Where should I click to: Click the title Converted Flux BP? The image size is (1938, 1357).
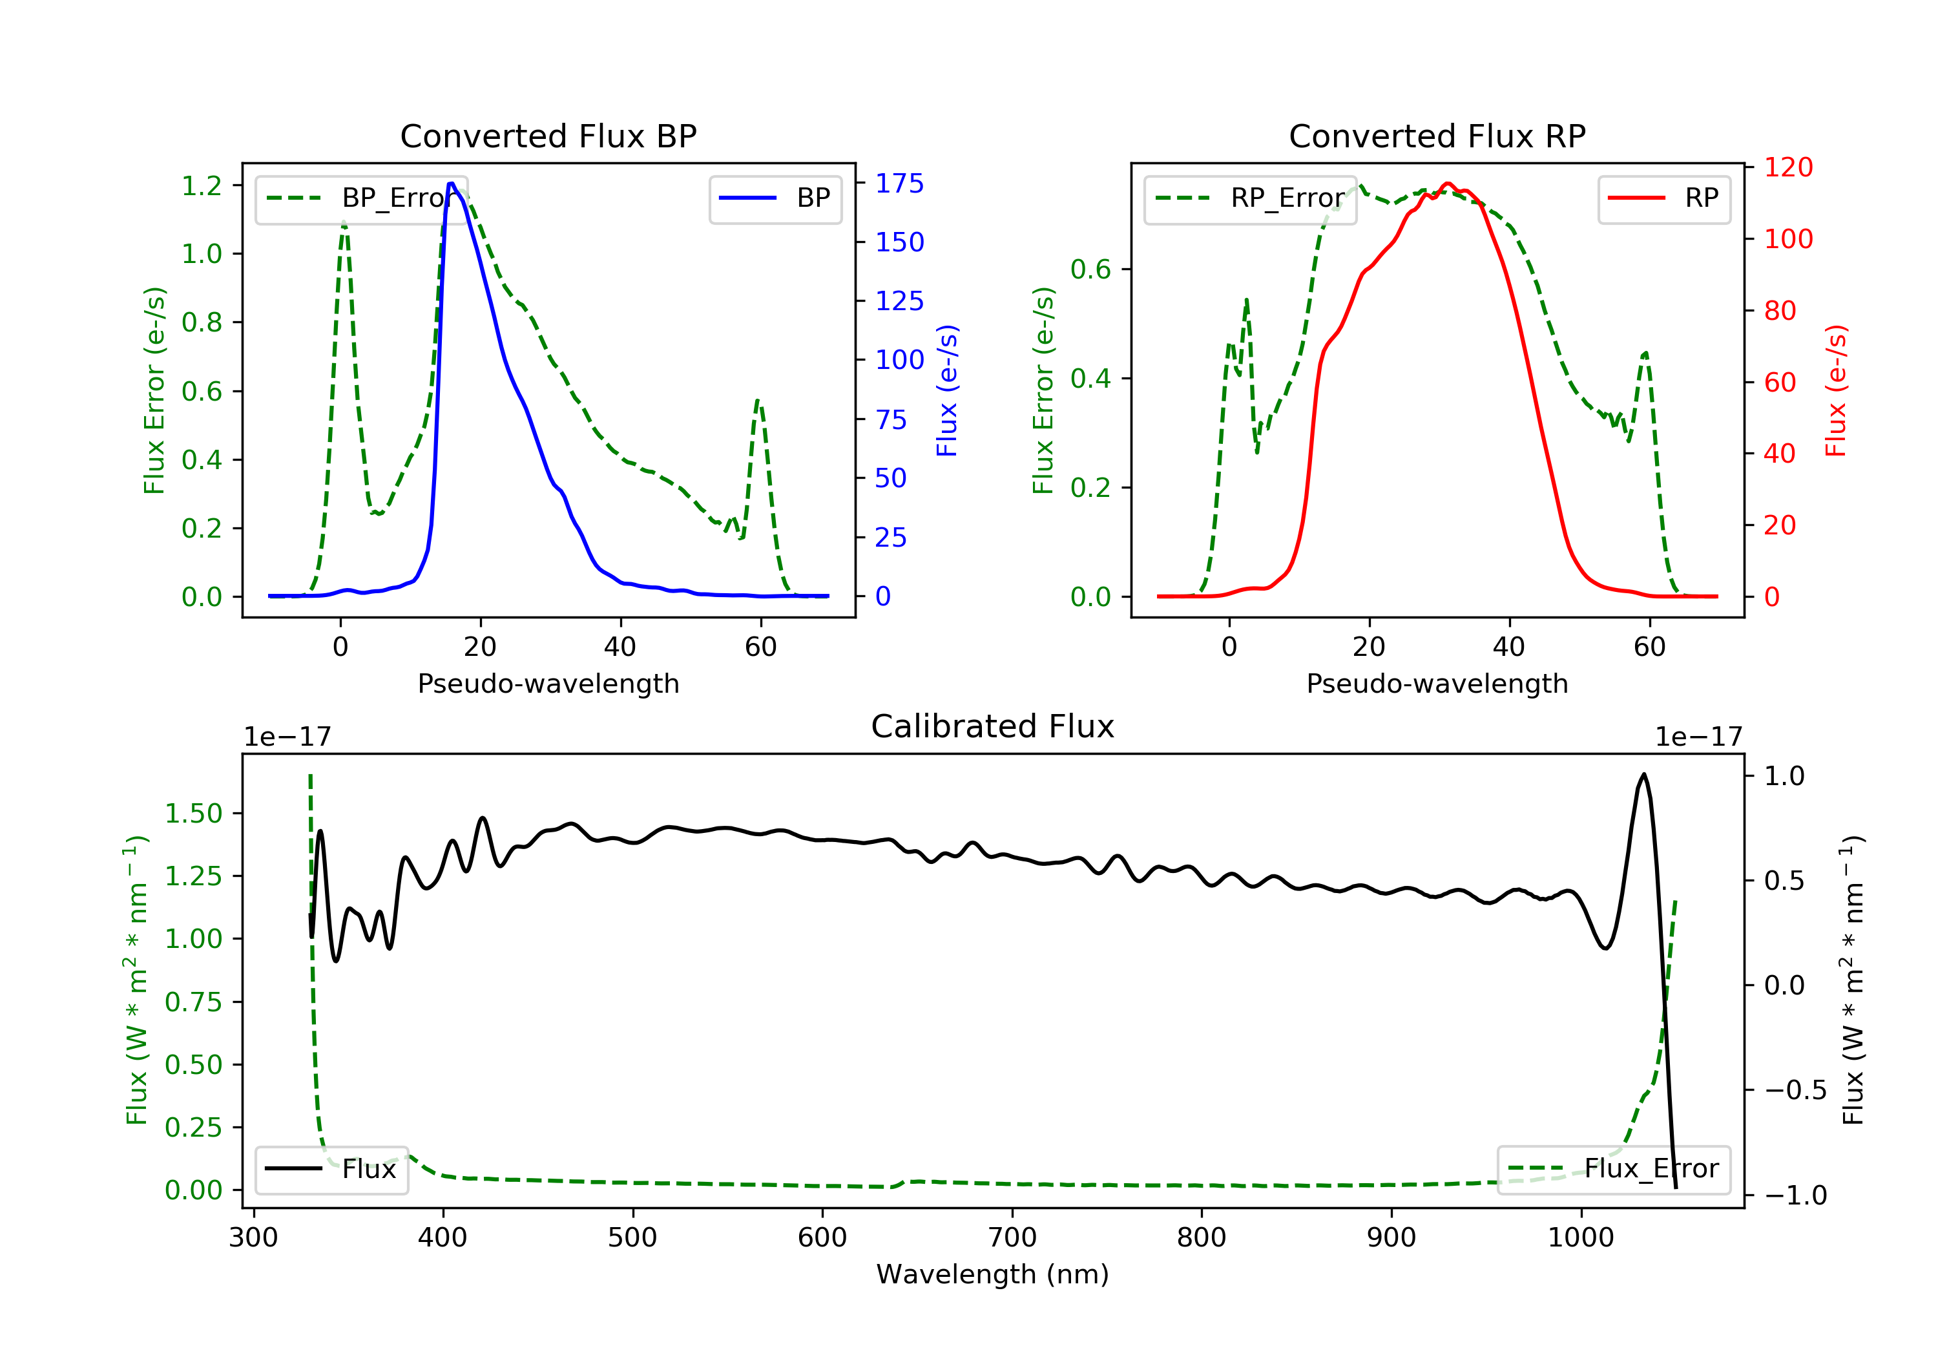(548, 136)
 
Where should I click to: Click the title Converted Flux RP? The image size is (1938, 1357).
(1437, 136)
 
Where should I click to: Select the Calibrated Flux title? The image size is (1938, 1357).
(993, 726)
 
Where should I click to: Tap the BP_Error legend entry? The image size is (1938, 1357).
(361, 198)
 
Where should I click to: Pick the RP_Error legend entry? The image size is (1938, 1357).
(1250, 198)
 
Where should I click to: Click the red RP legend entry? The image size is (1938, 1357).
(1663, 198)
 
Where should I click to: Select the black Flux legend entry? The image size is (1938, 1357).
(332, 1170)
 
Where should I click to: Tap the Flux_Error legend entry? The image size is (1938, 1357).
(1614, 1170)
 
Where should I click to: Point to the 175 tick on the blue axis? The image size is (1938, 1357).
(899, 184)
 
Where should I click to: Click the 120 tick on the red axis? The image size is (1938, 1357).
(1787, 167)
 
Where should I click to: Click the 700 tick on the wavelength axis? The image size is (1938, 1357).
(1012, 1238)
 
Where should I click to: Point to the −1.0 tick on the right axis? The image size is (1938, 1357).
(1795, 1195)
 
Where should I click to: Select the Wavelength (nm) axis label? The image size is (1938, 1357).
(993, 1274)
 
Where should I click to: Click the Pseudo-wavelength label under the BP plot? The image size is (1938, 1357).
(548, 684)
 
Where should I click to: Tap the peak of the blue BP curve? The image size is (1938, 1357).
(452, 184)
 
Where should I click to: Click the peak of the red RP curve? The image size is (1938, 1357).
(1448, 184)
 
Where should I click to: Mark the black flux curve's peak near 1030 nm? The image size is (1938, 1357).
(1643, 774)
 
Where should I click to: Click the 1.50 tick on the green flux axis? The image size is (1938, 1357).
(193, 814)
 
